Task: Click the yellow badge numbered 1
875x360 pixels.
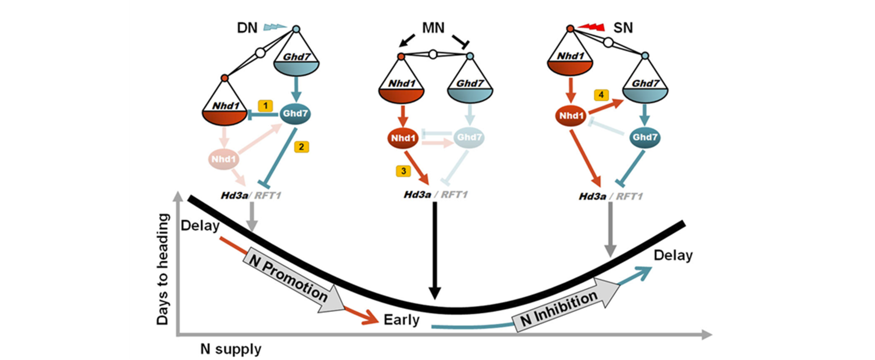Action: tap(265, 105)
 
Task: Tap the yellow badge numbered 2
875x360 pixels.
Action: tap(302, 147)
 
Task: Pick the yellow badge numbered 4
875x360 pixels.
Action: tap(602, 94)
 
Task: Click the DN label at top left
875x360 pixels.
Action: tap(247, 28)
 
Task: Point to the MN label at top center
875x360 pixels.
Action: tap(433, 28)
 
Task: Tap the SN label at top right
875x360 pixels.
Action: tap(623, 28)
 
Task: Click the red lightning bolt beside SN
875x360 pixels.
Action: tap(591, 28)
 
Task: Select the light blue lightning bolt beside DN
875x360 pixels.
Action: tap(274, 27)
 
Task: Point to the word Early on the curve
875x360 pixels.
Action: tap(401, 320)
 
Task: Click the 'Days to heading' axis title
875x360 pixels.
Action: tap(163, 269)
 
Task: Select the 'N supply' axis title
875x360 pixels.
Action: tap(231, 349)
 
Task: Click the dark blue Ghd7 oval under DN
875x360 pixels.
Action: tap(295, 114)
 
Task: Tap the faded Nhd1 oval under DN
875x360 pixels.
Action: tap(223, 159)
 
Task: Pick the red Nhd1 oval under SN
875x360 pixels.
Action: tap(571, 116)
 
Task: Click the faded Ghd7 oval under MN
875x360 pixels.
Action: tap(469, 138)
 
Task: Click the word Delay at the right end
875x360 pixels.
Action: tap(673, 255)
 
